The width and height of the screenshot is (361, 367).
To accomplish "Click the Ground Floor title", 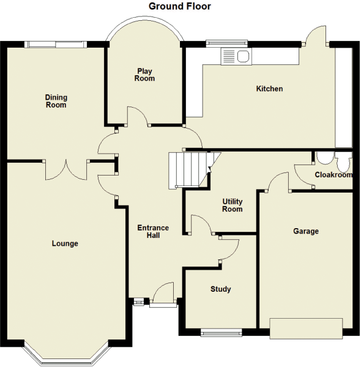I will click(180, 6).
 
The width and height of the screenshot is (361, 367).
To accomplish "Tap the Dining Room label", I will click(56, 101).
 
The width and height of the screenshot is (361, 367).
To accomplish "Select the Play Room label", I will click(145, 75).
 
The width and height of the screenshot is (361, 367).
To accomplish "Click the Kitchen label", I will click(269, 89).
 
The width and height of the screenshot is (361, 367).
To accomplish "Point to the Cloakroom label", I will click(333, 175).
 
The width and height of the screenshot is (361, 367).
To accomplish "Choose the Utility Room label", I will click(233, 205).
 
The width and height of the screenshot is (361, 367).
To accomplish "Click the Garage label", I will click(305, 231).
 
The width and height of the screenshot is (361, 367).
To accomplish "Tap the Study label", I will click(220, 289).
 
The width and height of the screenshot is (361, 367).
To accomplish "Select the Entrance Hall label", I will click(152, 231).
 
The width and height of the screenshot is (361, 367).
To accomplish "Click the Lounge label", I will click(65, 243).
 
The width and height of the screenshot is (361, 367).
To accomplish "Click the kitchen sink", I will click(236, 57).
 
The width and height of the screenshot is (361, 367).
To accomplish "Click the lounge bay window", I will click(67, 355).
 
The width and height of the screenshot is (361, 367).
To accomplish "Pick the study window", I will click(221, 333).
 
